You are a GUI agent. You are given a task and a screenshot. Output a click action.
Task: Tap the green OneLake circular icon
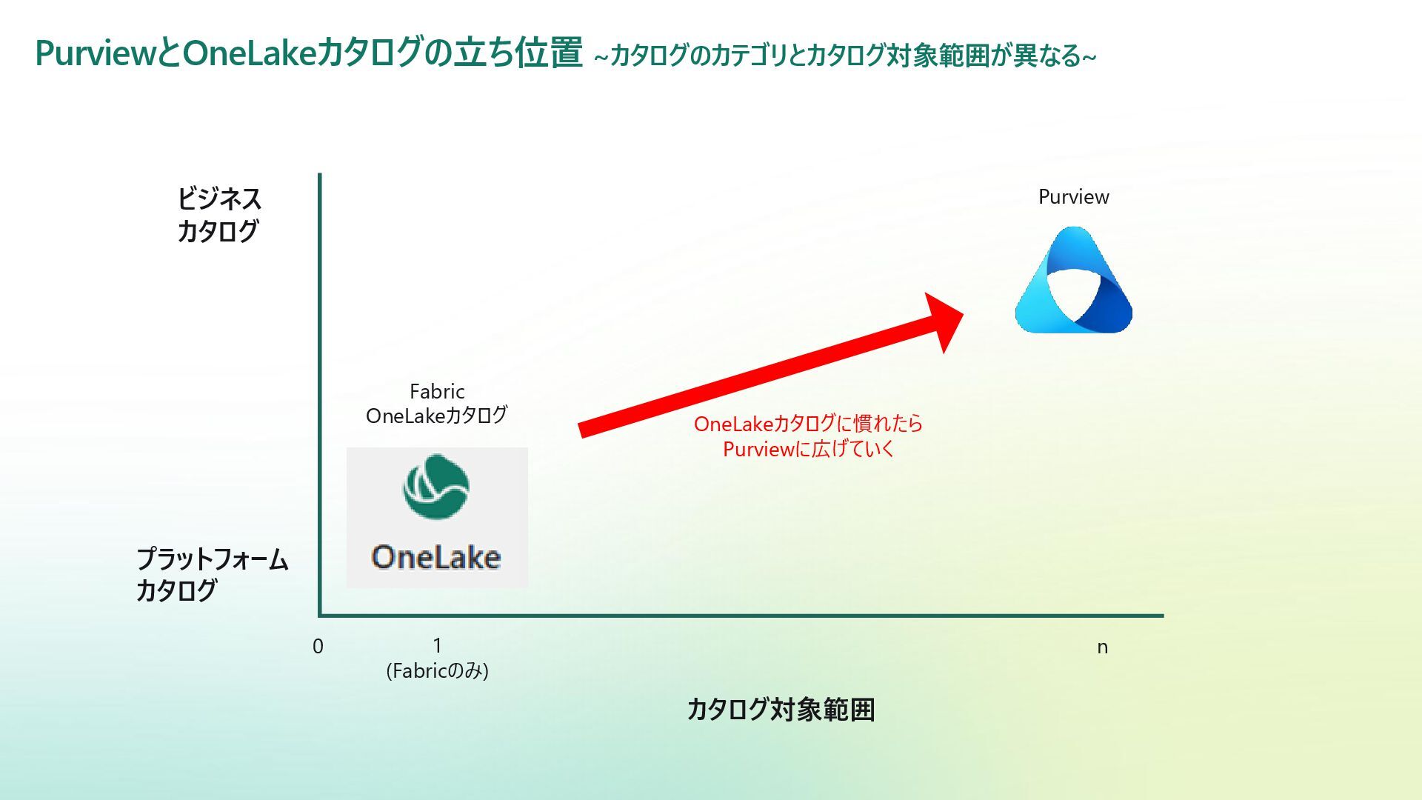coord(435,487)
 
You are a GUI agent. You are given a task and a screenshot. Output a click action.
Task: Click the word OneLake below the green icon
coord(436,557)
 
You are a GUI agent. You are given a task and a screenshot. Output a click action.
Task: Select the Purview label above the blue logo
coord(1073,197)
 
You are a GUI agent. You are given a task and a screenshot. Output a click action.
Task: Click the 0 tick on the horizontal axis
coord(318,647)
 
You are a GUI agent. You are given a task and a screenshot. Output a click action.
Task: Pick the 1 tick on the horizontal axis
coord(437,645)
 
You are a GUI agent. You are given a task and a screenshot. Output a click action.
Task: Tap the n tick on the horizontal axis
coord(1102,647)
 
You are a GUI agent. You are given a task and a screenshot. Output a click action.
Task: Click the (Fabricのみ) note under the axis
coord(437,671)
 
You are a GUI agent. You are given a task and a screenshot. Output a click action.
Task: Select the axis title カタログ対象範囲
coord(781,710)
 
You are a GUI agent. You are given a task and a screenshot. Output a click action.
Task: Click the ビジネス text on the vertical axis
coord(218,199)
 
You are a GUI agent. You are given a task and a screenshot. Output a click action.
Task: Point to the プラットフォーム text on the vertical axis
coord(212,559)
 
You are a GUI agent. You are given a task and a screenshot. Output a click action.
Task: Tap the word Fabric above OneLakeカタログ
coord(437,391)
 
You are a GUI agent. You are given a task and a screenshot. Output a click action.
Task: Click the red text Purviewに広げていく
coord(808,449)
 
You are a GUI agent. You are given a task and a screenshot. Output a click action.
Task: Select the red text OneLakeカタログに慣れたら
coord(808,424)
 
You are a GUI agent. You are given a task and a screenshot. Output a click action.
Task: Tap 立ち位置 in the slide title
coord(518,53)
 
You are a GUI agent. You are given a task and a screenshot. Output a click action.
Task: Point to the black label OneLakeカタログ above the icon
coord(436,416)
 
